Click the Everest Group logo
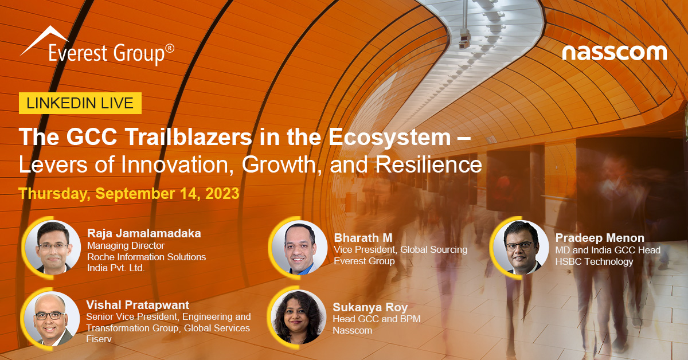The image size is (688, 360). tap(97, 46)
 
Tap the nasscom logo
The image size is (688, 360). tap(614, 53)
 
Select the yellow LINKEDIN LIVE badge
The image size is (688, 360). tap(80, 103)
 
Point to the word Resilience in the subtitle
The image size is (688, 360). tap(429, 165)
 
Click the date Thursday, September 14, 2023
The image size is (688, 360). tap(129, 194)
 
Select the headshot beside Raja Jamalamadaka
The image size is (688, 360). tap(53, 248)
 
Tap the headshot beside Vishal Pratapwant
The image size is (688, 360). tap(52, 319)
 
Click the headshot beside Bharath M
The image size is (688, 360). tap(299, 248)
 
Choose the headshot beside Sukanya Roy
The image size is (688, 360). tap(298, 316)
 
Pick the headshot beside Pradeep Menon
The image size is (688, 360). tap(521, 248)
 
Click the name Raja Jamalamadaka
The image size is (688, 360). tap(144, 233)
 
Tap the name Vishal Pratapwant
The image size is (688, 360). tap(138, 305)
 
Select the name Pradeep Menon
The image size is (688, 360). tap(600, 238)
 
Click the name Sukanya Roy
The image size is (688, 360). tap(370, 307)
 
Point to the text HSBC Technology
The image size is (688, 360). tap(595, 261)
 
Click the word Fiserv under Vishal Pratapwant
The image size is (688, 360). tap(99, 339)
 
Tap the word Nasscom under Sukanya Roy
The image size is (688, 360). tap(353, 330)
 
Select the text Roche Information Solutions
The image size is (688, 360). tap(147, 257)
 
